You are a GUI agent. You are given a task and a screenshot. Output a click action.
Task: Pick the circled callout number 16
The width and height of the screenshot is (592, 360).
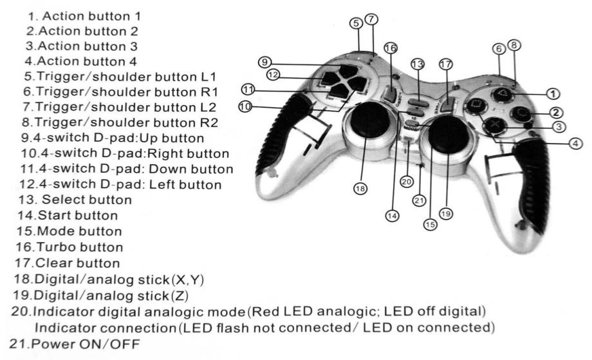coord(389,48)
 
